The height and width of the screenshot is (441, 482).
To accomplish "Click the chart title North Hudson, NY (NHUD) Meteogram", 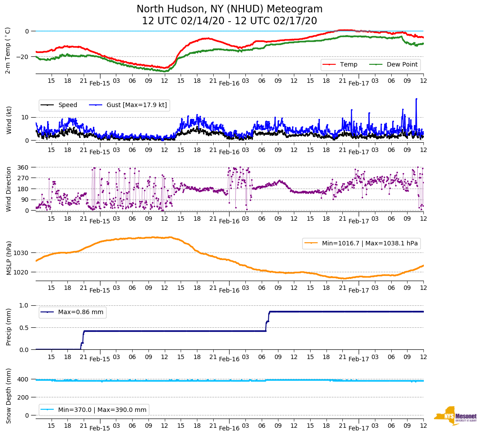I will tap(229, 9).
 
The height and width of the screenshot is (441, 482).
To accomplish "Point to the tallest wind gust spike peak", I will tap(416, 99).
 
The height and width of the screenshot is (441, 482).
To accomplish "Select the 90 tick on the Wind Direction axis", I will tap(25, 200).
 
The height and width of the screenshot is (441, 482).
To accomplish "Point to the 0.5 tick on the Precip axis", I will tap(25, 328).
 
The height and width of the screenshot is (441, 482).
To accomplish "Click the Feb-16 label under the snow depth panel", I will tap(229, 428).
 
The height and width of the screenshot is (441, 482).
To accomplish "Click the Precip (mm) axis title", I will tap(8, 327).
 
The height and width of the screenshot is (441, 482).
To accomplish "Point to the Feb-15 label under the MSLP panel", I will tap(100, 290).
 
